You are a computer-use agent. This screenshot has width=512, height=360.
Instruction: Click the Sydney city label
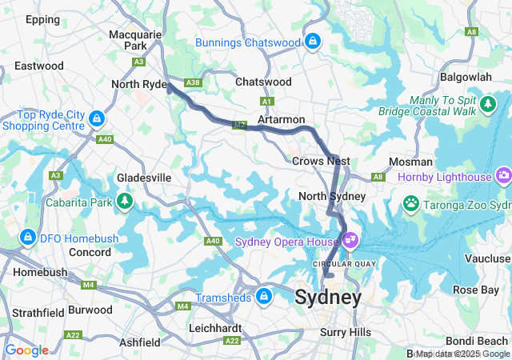pos(328,298)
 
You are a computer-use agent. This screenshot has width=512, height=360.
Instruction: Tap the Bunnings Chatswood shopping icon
pos(312,41)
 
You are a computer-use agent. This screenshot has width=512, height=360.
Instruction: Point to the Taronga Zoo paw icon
pos(411,202)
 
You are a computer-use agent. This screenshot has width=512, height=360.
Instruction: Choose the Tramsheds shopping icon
pos(262,298)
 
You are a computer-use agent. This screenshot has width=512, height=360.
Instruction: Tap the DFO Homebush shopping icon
pos(28,238)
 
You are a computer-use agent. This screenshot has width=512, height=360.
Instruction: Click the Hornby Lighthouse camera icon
pos(503,174)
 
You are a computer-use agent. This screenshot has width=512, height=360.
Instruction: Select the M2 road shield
pos(239,126)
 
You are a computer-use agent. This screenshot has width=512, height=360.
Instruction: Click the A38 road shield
pos(192,82)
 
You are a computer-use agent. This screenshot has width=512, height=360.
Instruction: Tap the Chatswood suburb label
pos(263,82)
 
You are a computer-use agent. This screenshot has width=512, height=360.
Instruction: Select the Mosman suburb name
pos(410,162)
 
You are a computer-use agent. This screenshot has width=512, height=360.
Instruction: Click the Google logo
pos(26,350)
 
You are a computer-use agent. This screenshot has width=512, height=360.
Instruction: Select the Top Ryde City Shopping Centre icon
pos(96,118)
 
